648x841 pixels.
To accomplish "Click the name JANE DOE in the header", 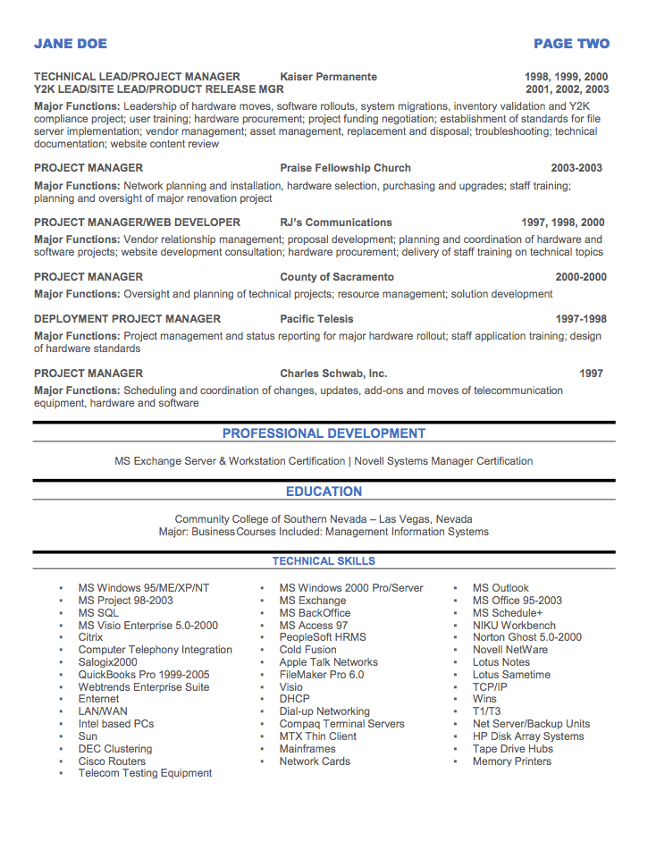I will point(71,44).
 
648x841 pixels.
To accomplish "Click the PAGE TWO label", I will point(571,44).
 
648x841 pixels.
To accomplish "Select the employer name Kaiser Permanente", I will point(328,77).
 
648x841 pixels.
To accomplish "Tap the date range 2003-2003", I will point(576,168).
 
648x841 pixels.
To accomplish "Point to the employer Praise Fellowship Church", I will point(345,168).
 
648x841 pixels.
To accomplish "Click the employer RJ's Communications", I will point(335,223).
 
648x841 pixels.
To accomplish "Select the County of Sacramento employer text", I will point(336,277).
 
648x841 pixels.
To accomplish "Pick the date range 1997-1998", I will point(580,319).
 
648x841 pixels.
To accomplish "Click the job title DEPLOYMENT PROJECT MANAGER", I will point(127,319).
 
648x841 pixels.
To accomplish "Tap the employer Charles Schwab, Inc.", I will point(333,374).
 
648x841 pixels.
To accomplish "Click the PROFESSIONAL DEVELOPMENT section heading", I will point(324,433).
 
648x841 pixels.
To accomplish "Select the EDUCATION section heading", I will point(324,492).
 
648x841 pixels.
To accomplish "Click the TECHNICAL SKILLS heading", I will point(324,561).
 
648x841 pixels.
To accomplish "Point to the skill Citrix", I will point(90,638).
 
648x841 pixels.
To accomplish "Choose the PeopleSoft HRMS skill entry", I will point(323,638).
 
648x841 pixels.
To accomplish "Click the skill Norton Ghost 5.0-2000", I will point(526,638).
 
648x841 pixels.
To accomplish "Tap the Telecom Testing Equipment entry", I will point(145,773).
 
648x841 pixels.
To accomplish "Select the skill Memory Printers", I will point(511,761).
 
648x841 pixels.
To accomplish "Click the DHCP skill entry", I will point(294,700).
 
